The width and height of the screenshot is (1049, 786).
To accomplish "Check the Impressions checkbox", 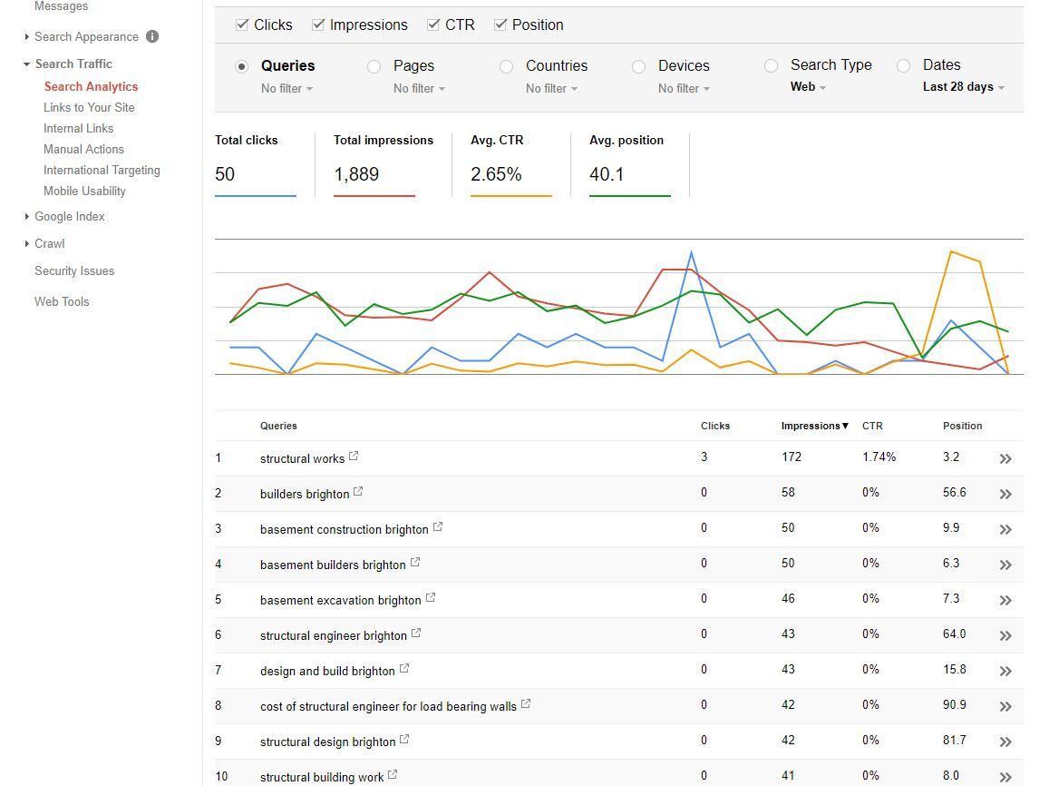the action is (x=318, y=25).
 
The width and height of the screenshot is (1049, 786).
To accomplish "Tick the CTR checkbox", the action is (x=433, y=25).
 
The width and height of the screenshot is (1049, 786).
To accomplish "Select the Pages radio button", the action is (x=374, y=66).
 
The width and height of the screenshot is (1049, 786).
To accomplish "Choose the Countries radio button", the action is (x=507, y=66).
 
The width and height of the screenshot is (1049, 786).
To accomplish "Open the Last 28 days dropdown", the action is (x=964, y=87).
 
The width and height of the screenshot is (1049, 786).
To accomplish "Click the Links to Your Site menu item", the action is (x=89, y=107).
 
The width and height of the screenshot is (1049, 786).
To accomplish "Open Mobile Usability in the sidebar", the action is (x=84, y=191).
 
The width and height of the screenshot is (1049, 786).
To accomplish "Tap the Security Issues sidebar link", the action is (x=74, y=270).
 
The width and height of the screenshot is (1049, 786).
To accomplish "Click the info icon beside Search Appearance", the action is (x=152, y=36).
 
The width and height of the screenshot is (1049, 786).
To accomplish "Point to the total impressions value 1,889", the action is (x=356, y=174).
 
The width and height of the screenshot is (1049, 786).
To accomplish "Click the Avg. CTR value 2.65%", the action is (x=496, y=174).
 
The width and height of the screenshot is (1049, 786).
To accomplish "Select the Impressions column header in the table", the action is (x=815, y=426).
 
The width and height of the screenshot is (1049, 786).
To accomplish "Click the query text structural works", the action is (x=303, y=458).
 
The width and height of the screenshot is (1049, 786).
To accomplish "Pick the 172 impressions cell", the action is (x=792, y=457).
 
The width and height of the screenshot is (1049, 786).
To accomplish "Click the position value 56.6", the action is (x=955, y=492).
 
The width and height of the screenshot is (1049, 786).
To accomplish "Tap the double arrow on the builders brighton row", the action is (x=1005, y=494).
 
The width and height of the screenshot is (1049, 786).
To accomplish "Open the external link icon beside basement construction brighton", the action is (x=438, y=527).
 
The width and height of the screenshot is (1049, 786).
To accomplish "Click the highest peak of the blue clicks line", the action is (x=691, y=251).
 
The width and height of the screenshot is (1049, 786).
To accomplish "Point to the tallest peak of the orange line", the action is (x=951, y=251).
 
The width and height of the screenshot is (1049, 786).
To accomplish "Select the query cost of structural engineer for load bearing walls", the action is (x=388, y=706).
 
